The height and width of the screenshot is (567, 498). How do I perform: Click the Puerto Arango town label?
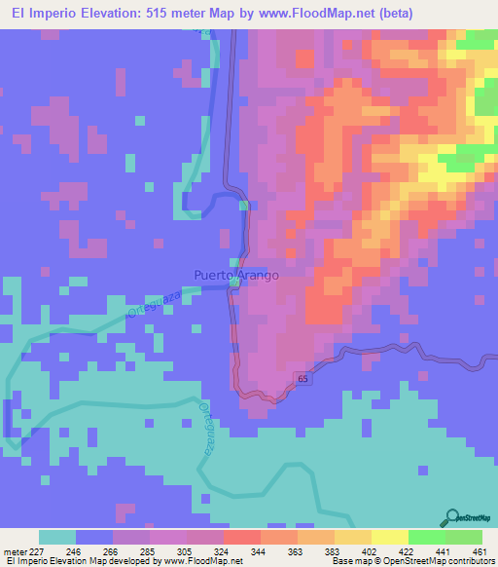pos(235,276)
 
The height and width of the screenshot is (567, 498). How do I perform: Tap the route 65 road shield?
pos(302,377)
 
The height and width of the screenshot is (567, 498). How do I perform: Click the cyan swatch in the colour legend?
pos(57,537)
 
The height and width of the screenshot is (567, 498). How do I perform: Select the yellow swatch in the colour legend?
pos(390,537)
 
